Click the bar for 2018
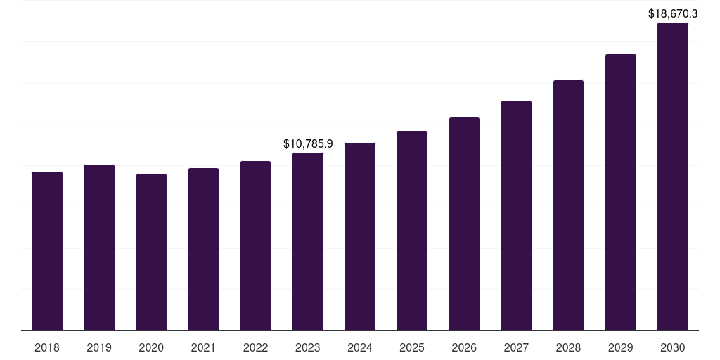coord(47,251)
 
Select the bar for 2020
coord(152,252)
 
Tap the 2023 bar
coord(308,242)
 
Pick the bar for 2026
coord(464,224)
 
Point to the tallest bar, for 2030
coord(673,176)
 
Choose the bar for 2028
coord(568,205)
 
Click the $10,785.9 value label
coord(308,143)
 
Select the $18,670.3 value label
coord(673,14)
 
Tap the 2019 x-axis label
coord(99,348)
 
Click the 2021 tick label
coord(203,348)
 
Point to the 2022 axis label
coord(255,348)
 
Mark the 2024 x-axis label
coord(360,348)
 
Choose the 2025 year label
coord(412,348)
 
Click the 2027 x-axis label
coord(516,348)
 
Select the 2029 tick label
coord(621,348)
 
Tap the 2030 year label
coord(673,348)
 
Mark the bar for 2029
coord(621,193)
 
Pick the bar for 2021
coord(203,250)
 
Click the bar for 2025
coord(412,231)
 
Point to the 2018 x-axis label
coord(47,348)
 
